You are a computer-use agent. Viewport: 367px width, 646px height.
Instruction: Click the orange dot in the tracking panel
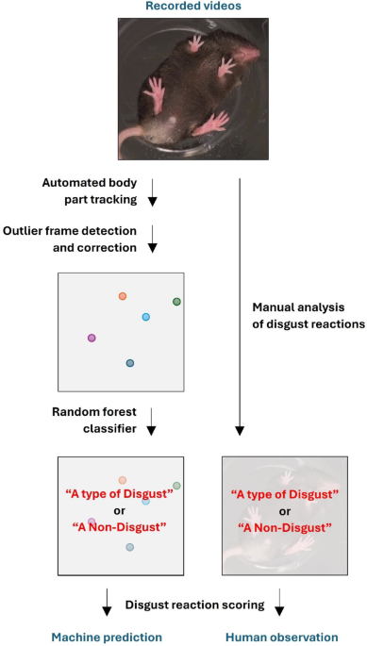[123, 296]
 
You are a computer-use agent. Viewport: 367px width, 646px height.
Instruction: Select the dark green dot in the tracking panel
[176, 301]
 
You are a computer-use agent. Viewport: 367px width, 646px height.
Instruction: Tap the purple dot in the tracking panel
[92, 337]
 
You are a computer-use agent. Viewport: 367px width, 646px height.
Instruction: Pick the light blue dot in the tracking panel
[145, 317]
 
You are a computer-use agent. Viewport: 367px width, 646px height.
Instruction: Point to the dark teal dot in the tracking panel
[130, 363]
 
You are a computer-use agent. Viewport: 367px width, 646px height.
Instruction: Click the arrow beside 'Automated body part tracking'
[153, 198]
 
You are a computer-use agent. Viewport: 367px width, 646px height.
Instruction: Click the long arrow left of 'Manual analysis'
[239, 302]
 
